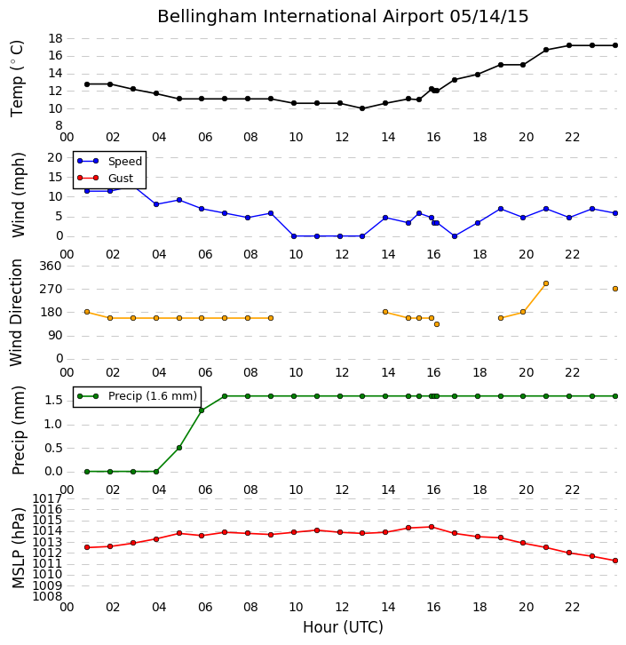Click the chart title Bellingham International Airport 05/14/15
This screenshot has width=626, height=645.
pyautogui.click(x=343, y=17)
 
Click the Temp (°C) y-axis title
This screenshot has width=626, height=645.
pyautogui.click(x=17, y=78)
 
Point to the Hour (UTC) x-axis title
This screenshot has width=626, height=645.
pyautogui.click(x=343, y=627)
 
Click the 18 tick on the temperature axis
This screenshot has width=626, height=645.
pyautogui.click(x=55, y=39)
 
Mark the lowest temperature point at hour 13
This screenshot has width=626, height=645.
pyautogui.click(x=362, y=108)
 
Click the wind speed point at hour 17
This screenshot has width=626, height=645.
pyautogui.click(x=455, y=236)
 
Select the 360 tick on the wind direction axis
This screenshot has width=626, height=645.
pyautogui.click(x=51, y=266)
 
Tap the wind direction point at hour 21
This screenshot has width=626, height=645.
pyautogui.click(x=546, y=283)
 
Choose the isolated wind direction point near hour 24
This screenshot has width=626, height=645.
pyautogui.click(x=615, y=289)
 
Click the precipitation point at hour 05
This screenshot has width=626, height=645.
pyautogui.click(x=179, y=448)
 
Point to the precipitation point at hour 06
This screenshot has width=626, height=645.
pyautogui.click(x=202, y=410)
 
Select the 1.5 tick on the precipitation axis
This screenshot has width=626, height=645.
pyautogui.click(x=53, y=401)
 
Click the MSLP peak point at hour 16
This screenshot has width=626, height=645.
pyautogui.click(x=432, y=527)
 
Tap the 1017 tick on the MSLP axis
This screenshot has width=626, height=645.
pyautogui.click(x=48, y=499)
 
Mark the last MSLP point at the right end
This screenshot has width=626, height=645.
pyautogui.click(x=615, y=561)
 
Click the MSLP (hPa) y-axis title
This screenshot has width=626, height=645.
pyautogui.click(x=18, y=548)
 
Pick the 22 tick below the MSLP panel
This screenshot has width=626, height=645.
pyautogui.click(x=572, y=607)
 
